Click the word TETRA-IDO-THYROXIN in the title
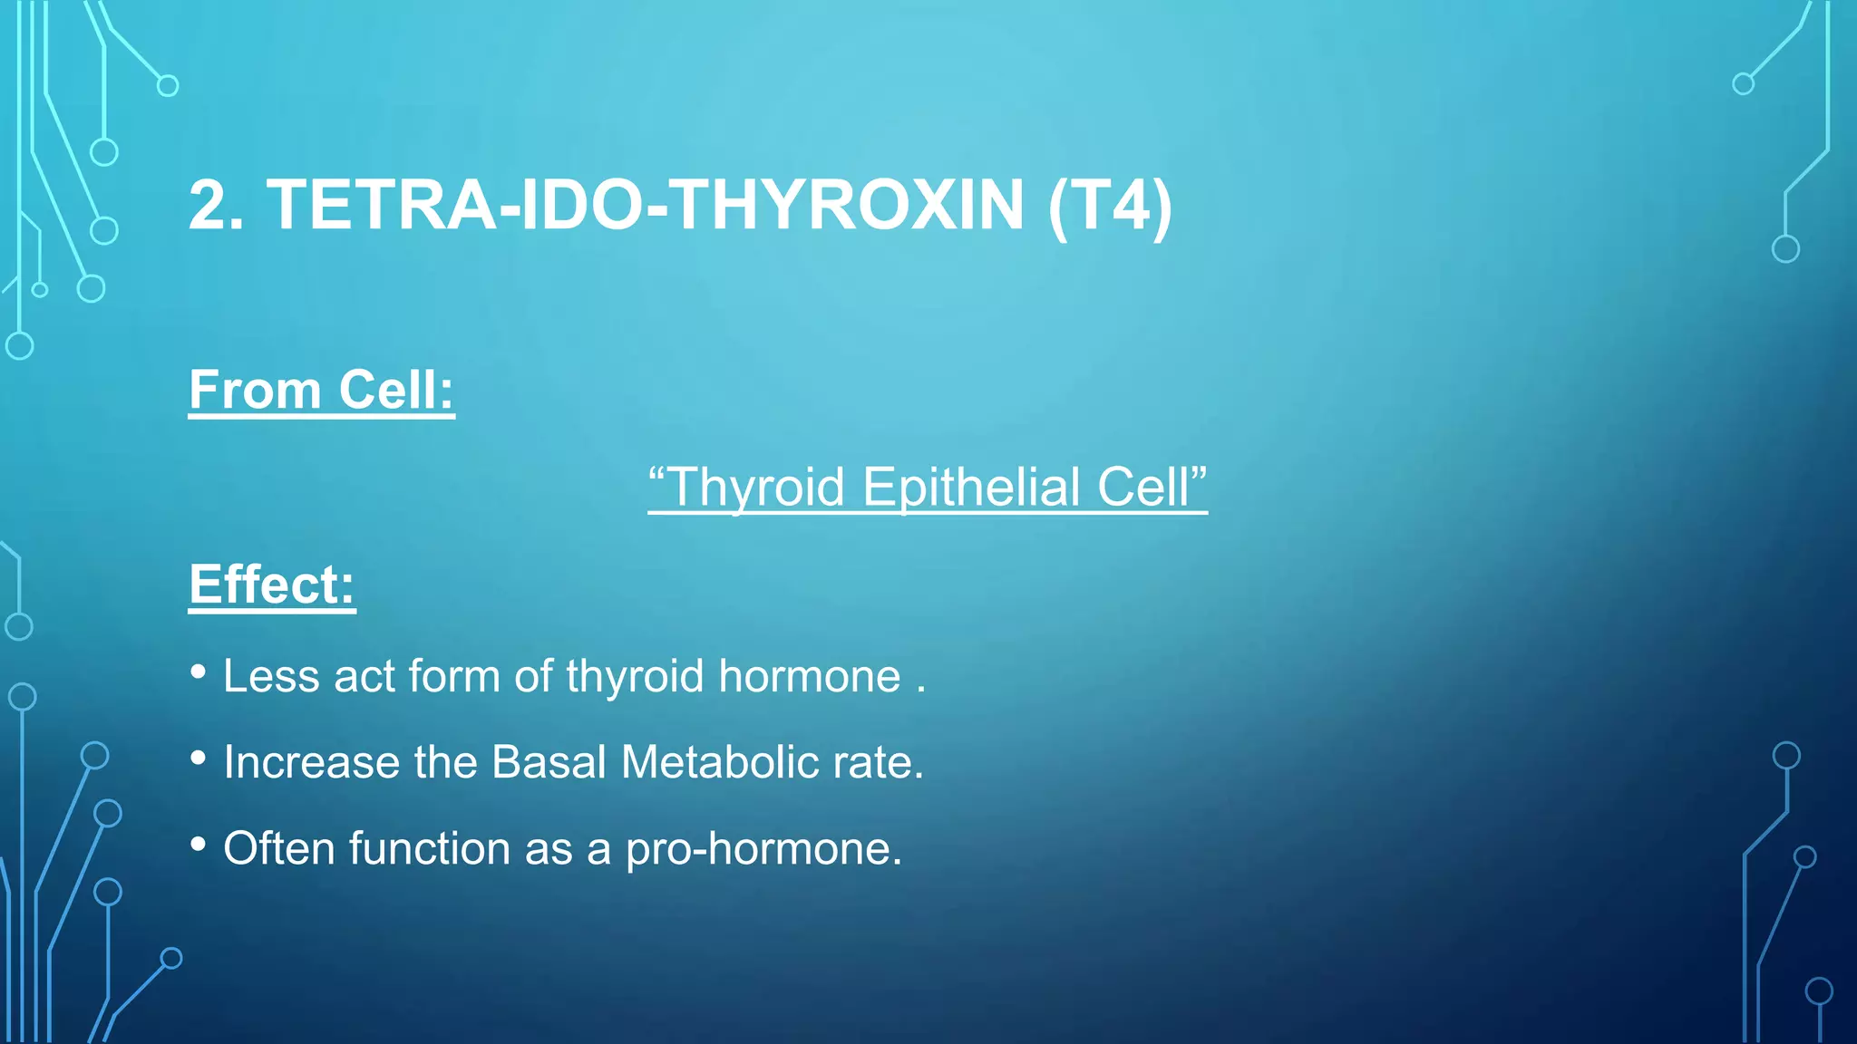point(645,206)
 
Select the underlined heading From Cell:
point(321,391)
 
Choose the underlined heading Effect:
point(271,585)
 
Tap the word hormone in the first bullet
point(810,677)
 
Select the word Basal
point(548,762)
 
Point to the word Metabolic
point(720,762)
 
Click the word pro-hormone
point(763,849)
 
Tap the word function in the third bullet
point(430,849)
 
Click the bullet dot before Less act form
point(199,672)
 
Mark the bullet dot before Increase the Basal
point(199,758)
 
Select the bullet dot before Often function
point(199,844)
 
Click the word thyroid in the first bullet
point(635,677)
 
